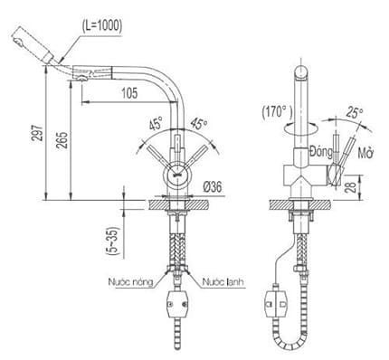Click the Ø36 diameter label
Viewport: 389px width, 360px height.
[x=213, y=186]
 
